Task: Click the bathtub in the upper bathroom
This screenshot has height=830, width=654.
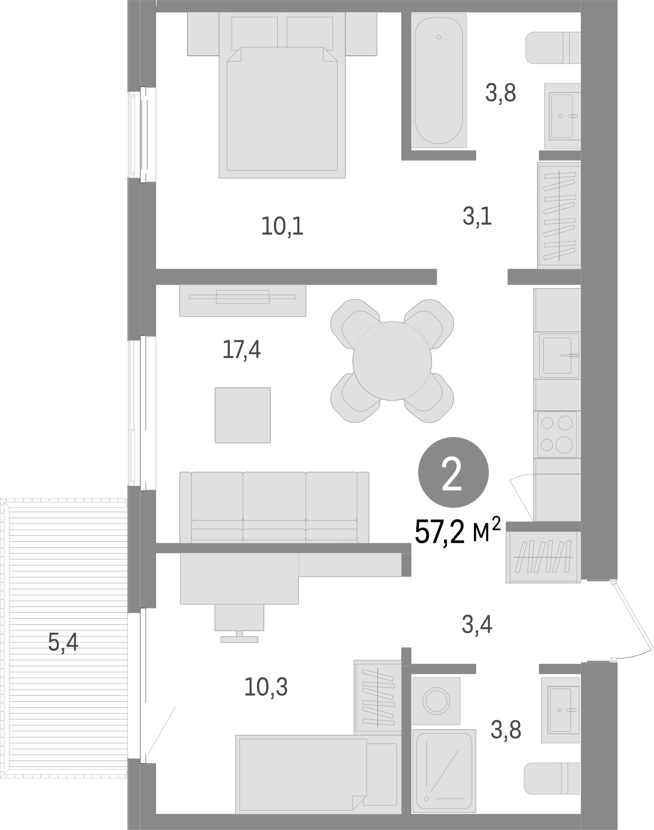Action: (x=438, y=80)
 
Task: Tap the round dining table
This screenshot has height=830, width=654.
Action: (x=392, y=361)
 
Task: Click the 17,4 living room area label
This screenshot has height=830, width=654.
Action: (x=241, y=350)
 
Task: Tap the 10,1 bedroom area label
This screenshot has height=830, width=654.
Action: (x=282, y=226)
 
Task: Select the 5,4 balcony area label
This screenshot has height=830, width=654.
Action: (x=63, y=642)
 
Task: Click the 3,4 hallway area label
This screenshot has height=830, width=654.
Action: (x=477, y=625)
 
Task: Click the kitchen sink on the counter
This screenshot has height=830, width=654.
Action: (x=557, y=355)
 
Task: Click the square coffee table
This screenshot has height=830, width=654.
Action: (x=242, y=415)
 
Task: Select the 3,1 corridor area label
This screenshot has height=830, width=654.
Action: (x=477, y=217)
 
